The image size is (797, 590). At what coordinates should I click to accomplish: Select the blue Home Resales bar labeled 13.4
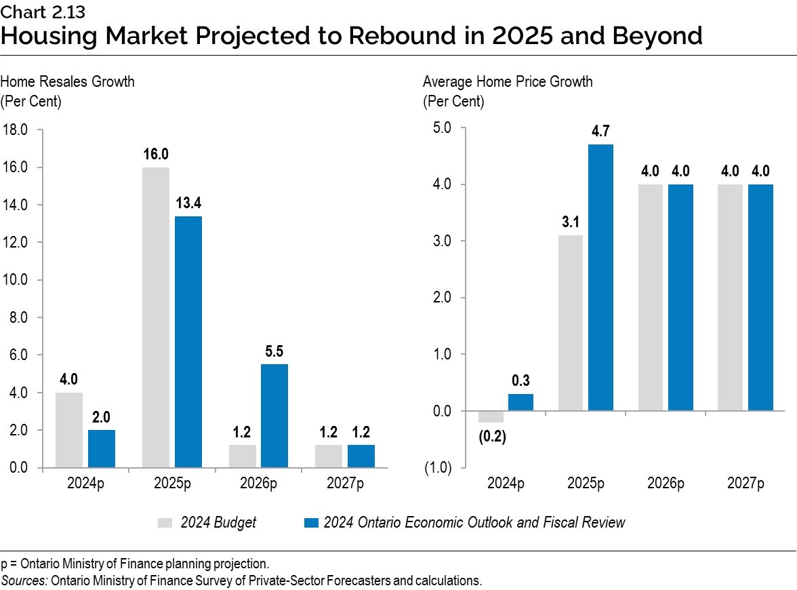[x=188, y=342]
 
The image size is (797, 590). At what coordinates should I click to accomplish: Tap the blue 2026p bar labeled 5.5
[x=274, y=416]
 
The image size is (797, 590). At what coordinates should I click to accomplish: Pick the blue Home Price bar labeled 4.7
[x=600, y=277]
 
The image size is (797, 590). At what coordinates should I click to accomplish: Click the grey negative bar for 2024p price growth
[x=490, y=416]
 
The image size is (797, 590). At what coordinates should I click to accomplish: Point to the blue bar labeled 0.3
[x=520, y=402]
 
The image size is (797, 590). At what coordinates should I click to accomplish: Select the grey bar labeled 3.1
[x=570, y=323]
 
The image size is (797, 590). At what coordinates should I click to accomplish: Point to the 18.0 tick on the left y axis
[x=14, y=130]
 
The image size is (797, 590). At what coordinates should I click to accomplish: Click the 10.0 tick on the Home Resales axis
[x=14, y=280]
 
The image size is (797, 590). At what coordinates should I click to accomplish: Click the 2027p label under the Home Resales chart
[x=345, y=484]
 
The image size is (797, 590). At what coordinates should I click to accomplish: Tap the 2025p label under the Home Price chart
[x=586, y=484]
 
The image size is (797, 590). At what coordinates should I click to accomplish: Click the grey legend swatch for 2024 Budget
[x=165, y=522]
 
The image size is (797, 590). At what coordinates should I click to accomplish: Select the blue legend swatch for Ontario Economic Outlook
[x=311, y=522]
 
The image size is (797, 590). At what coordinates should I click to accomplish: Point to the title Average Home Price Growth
[x=508, y=82]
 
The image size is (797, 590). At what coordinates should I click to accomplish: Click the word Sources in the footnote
[x=20, y=581]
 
